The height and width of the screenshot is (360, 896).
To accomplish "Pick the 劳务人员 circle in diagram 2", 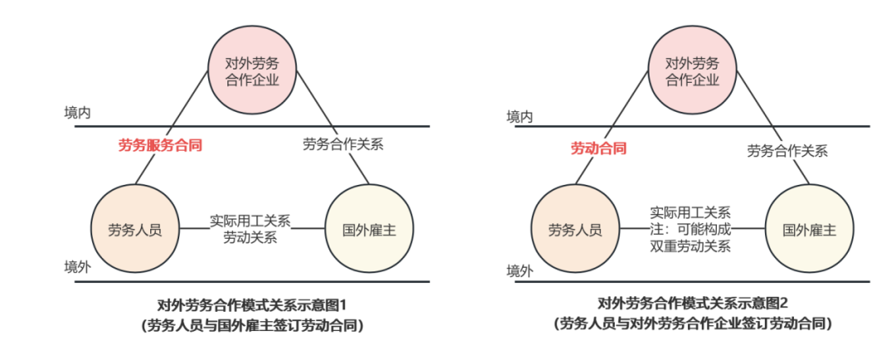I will click(574, 229).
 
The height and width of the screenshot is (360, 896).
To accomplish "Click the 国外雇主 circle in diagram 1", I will click(369, 229).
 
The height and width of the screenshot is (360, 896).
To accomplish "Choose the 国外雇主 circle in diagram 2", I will click(809, 229).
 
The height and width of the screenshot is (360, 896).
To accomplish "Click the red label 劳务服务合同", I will click(161, 144).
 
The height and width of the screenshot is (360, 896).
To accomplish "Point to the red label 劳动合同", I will click(597, 148).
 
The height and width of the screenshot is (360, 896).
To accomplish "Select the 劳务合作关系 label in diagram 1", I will click(343, 143).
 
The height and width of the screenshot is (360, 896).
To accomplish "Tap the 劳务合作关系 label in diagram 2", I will click(787, 151).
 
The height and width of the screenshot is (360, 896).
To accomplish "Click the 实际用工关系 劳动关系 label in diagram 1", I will click(250, 229).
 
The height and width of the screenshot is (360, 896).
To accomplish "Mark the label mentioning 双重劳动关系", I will click(690, 229).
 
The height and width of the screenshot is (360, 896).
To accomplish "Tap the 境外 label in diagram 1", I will click(77, 268).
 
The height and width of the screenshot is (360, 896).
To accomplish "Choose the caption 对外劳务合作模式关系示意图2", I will click(692, 304).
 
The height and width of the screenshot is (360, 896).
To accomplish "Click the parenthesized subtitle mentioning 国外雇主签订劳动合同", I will click(251, 324).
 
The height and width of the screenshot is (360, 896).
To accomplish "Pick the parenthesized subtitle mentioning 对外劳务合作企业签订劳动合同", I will click(692, 323).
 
